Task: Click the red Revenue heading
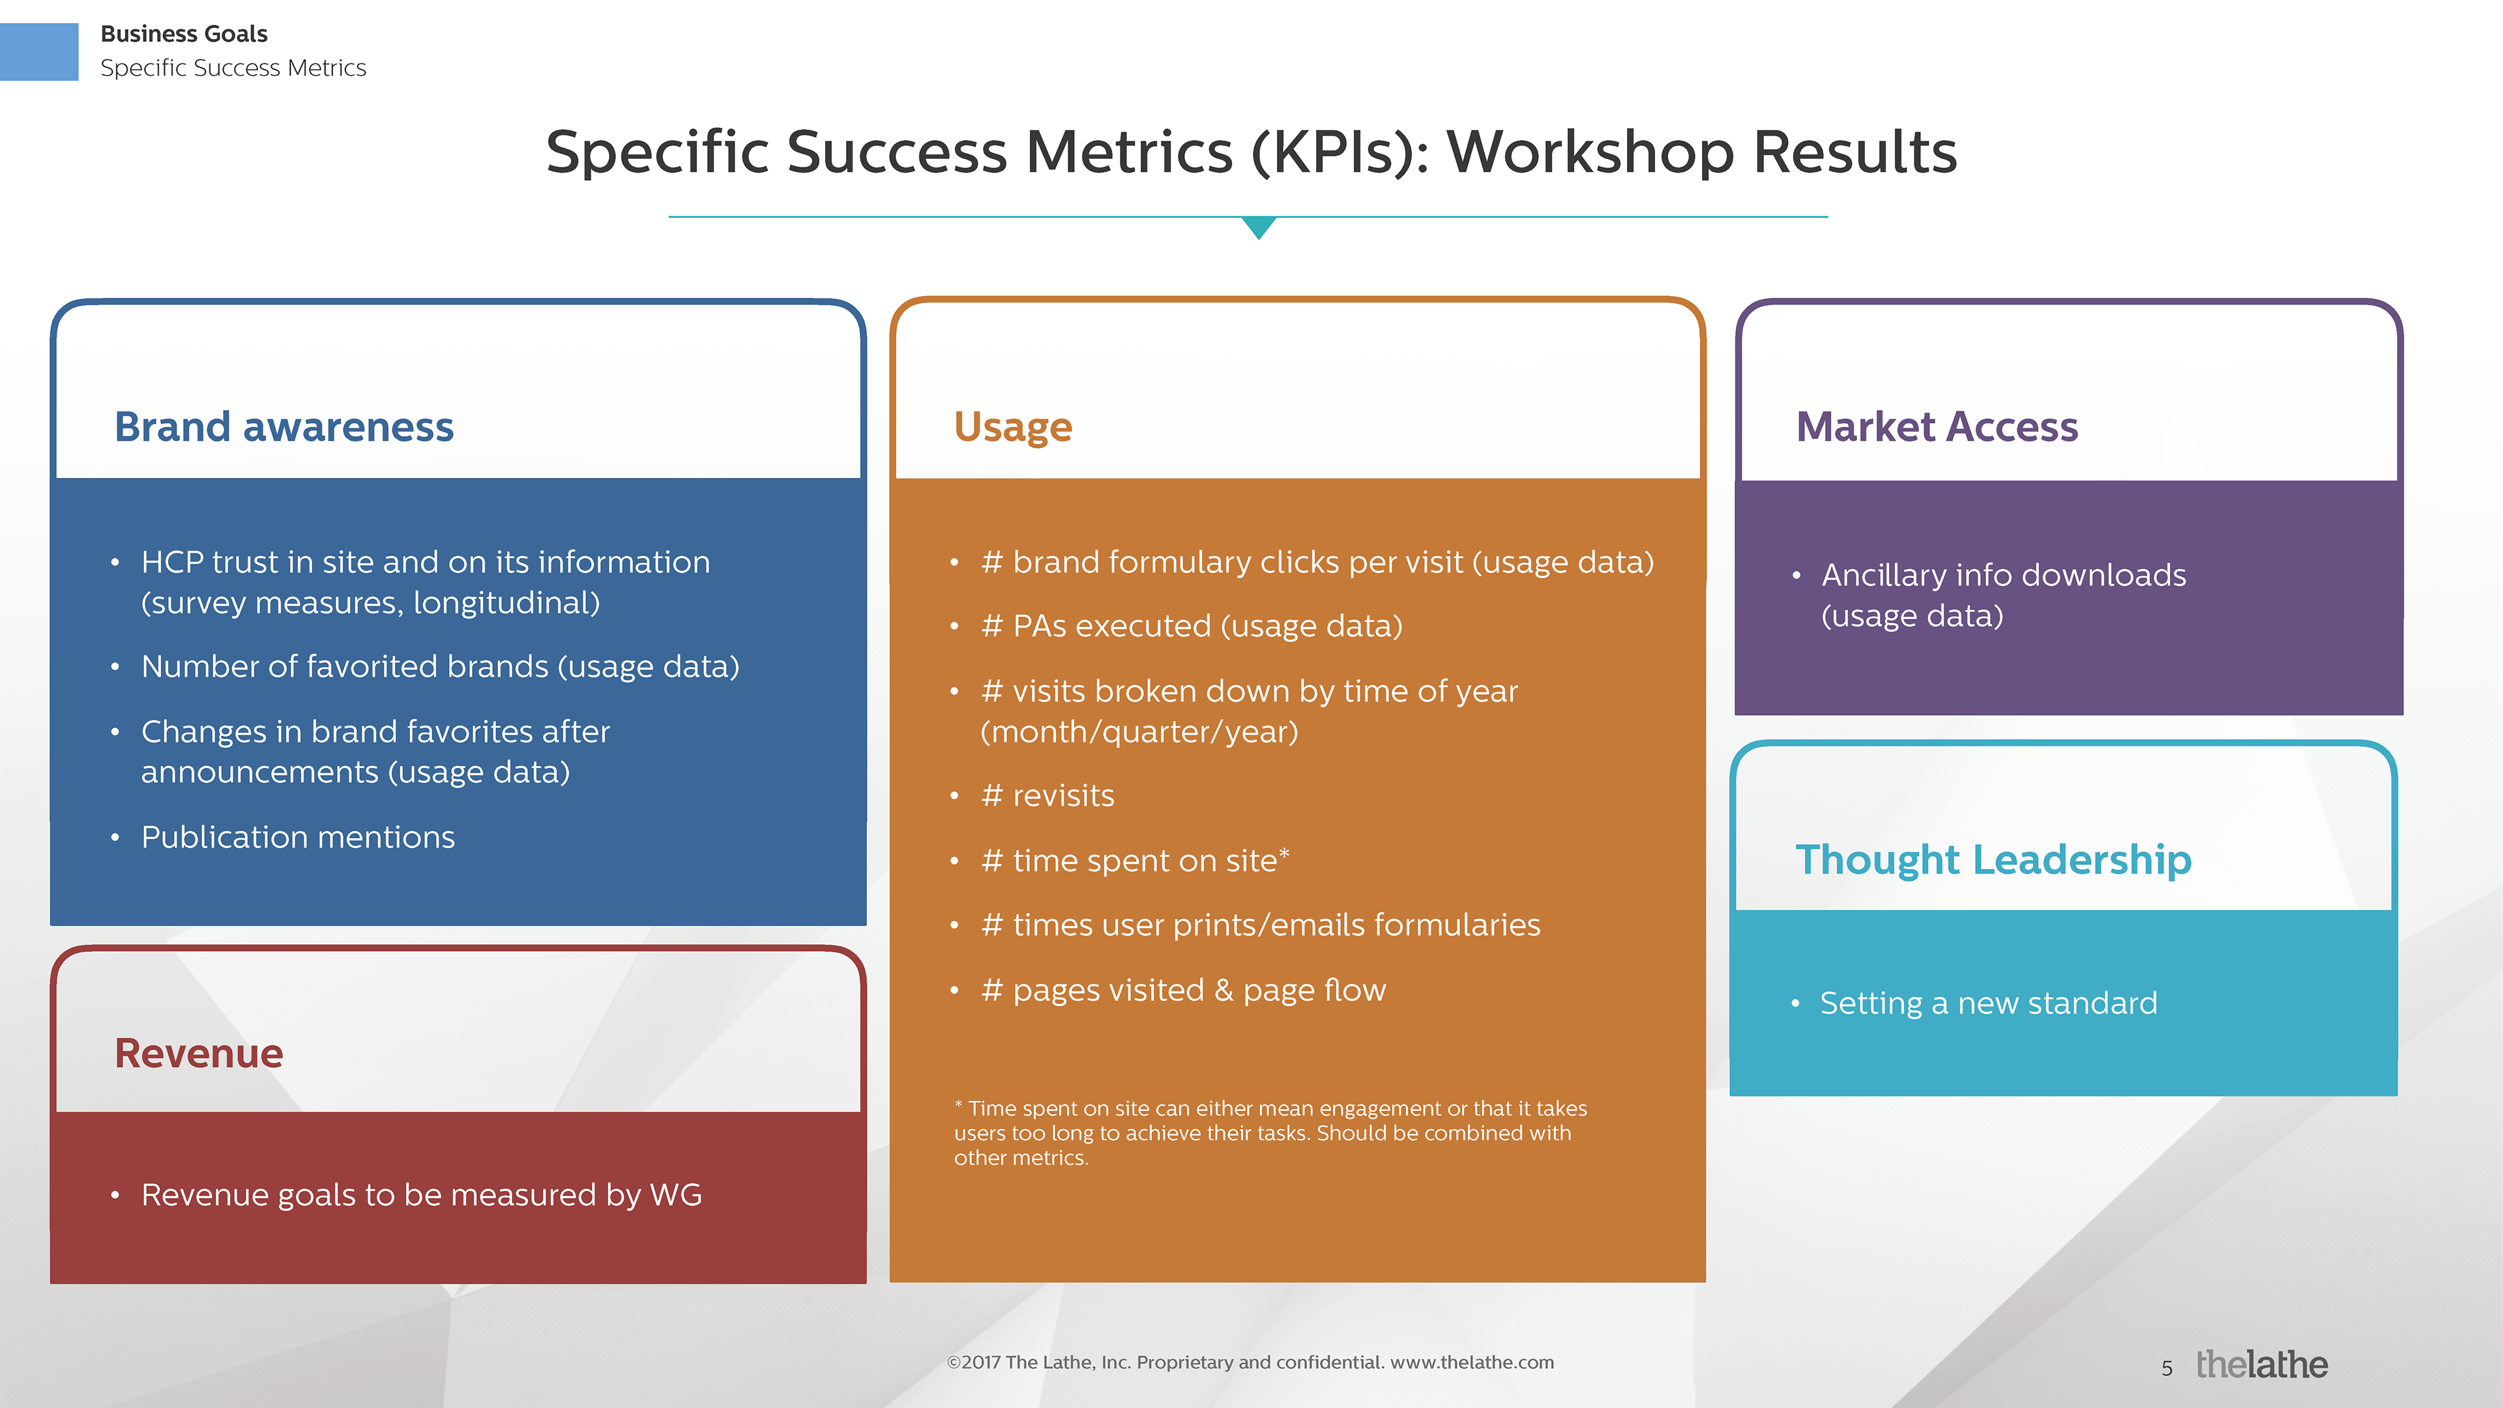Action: (198, 1053)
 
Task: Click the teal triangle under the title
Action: (1258, 227)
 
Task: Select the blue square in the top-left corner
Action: (39, 51)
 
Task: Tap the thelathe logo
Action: (2261, 1364)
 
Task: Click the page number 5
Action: (2167, 1368)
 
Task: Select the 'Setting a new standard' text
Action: (1988, 1003)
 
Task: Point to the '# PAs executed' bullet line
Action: (1192, 626)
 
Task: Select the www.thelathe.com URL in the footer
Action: (1472, 1362)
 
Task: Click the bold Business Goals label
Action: (184, 34)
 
